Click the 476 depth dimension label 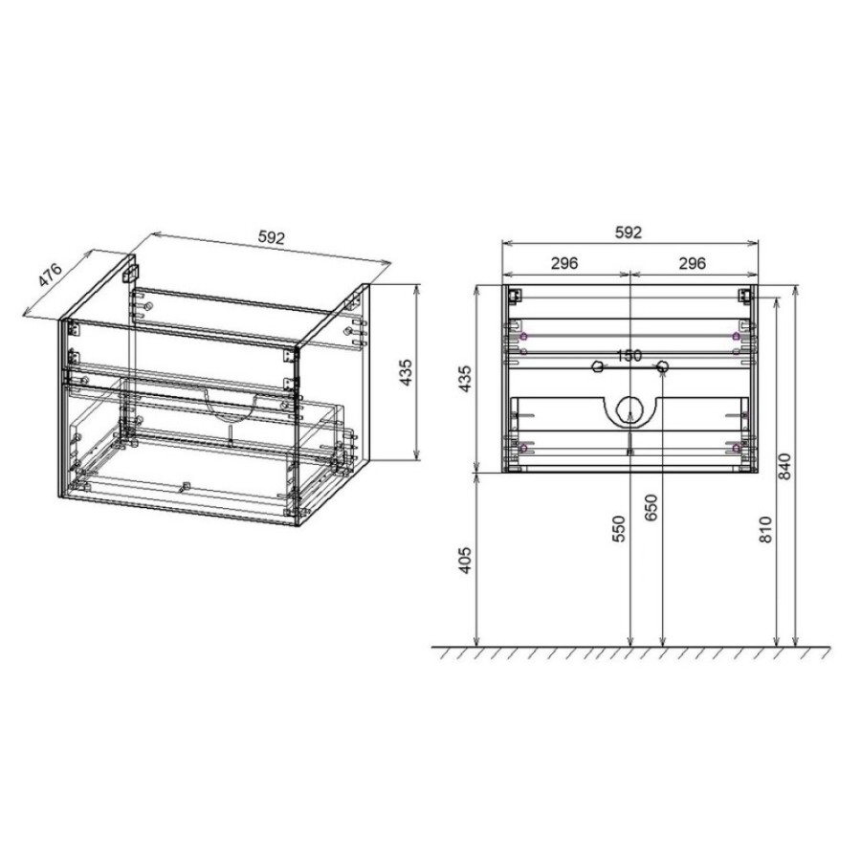51,276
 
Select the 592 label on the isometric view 272,238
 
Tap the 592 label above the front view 629,232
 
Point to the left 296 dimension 564,264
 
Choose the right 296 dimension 693,264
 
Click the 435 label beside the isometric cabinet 405,373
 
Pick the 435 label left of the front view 465,378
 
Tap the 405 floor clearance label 465,560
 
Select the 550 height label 619,529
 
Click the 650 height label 651,508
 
